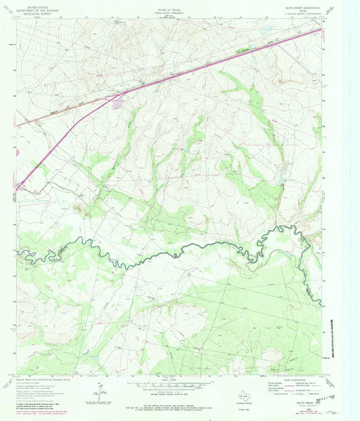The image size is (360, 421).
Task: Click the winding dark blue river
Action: (155, 254)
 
